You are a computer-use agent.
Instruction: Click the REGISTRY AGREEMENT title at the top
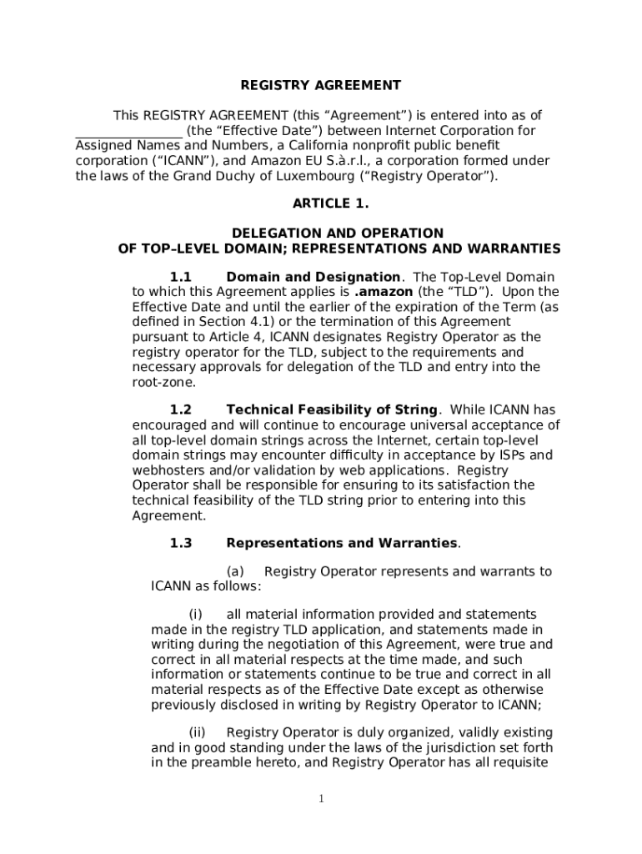tap(321, 85)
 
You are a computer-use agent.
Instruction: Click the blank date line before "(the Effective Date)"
tap(128, 132)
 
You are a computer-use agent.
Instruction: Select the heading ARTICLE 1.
tap(330, 203)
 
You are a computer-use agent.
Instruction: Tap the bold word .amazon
tap(384, 292)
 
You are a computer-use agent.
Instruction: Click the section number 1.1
tap(181, 277)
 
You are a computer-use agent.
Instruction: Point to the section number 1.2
tap(181, 409)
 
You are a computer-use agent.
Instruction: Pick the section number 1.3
tap(181, 543)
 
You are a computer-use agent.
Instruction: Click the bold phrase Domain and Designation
tap(313, 277)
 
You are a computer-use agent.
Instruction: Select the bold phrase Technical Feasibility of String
tap(332, 409)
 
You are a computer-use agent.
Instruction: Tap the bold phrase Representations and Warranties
tap(342, 543)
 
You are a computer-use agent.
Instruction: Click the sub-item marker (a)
tap(234, 571)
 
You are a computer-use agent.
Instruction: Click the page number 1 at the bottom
tap(321, 799)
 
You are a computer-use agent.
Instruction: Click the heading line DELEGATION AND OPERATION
tap(337, 234)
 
